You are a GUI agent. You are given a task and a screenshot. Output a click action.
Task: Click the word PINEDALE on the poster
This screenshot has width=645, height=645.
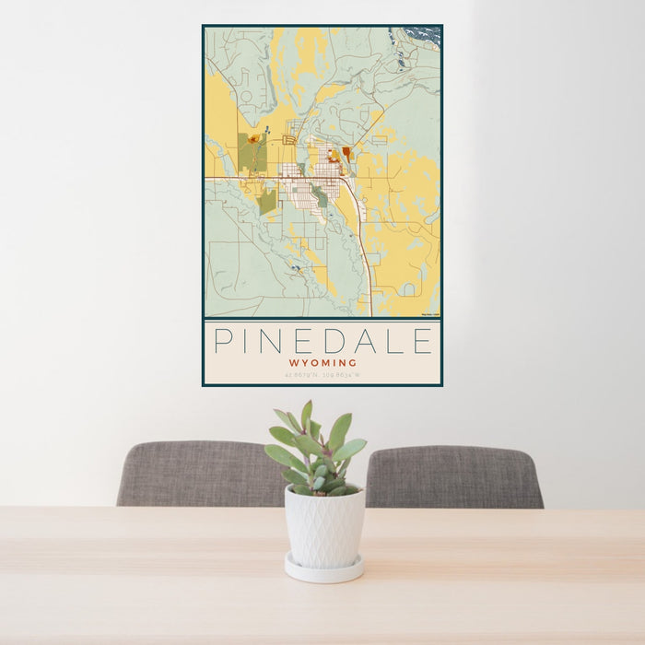pos(322,342)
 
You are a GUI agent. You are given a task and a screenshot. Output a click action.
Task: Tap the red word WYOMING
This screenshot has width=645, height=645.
pos(322,363)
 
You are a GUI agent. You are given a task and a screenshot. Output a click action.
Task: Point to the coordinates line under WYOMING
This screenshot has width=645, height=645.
pos(322,375)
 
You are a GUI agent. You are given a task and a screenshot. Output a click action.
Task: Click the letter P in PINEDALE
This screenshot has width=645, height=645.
pos(222,342)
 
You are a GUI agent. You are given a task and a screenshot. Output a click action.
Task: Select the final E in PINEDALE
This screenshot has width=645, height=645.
pos(422,342)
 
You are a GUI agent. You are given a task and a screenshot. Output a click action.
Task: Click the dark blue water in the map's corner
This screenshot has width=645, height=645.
pos(423,35)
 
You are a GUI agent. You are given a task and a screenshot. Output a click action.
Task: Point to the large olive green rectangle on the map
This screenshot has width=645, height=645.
pos(252,152)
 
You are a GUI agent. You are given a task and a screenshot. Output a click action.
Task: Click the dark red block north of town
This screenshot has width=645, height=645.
pos(346,153)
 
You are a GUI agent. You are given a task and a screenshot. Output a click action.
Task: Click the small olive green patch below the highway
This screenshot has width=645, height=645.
pos(266,202)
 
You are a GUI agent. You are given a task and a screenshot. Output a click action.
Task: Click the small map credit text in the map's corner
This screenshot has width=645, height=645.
pos(429,315)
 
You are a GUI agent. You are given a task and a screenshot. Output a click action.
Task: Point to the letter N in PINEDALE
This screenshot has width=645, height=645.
pos(272,342)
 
